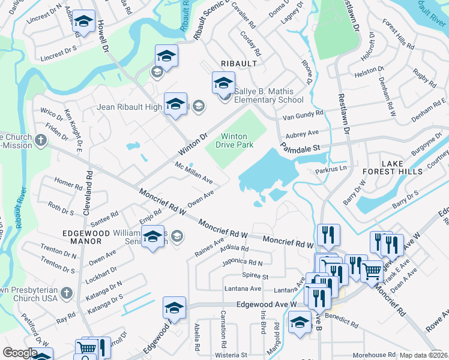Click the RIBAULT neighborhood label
[x=238, y=63]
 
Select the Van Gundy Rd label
[x=303, y=113]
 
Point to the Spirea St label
[x=255, y=276]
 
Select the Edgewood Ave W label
[x=267, y=305]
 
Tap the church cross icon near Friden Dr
[x=40, y=141]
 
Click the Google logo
[x=20, y=353]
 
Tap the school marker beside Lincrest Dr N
[x=83, y=24]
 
